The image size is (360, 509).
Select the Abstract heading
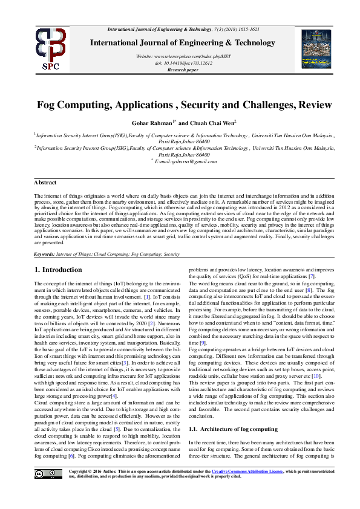[45, 182]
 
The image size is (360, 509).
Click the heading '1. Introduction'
[58, 270]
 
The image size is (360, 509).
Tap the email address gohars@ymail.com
[186, 161]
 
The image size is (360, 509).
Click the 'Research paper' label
[183, 70]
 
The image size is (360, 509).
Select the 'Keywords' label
[45, 254]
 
